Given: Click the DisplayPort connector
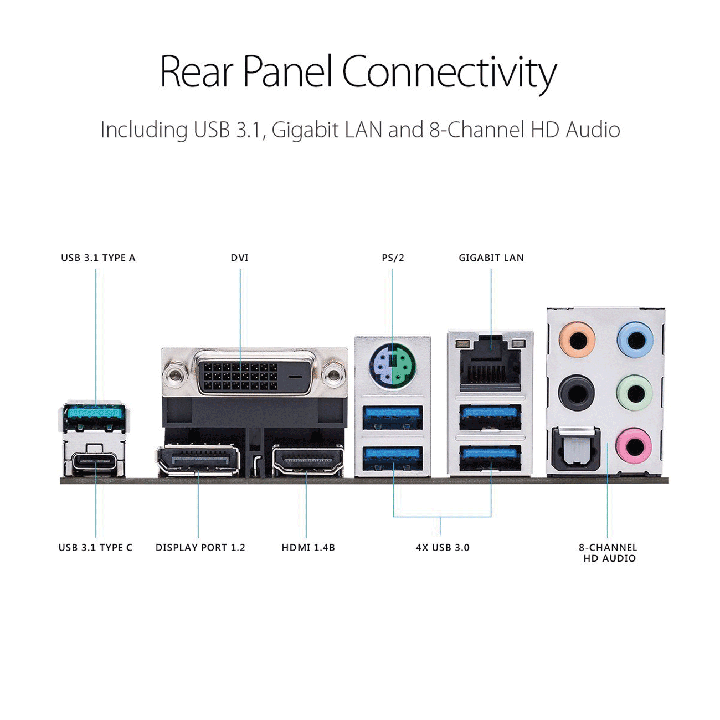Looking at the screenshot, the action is click(198, 460).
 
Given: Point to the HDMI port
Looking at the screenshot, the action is click(308, 460).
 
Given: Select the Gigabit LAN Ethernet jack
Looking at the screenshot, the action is click(490, 364).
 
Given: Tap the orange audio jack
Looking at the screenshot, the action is click(577, 340).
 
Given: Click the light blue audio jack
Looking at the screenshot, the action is click(635, 340).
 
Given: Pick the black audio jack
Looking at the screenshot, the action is click(577, 393).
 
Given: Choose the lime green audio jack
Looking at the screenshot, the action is click(635, 393).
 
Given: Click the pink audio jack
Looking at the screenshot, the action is click(634, 446).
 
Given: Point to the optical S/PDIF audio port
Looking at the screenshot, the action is click(576, 449).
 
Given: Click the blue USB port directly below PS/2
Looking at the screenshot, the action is click(393, 418).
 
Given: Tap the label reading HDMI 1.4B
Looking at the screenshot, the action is click(308, 548).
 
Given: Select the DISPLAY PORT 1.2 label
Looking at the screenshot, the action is click(200, 548).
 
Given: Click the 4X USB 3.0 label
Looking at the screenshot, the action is click(443, 548).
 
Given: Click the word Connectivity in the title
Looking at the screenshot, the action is click(449, 73).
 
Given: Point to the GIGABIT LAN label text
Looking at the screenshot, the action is click(491, 258).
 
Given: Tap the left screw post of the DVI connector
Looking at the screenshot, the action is click(175, 374).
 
